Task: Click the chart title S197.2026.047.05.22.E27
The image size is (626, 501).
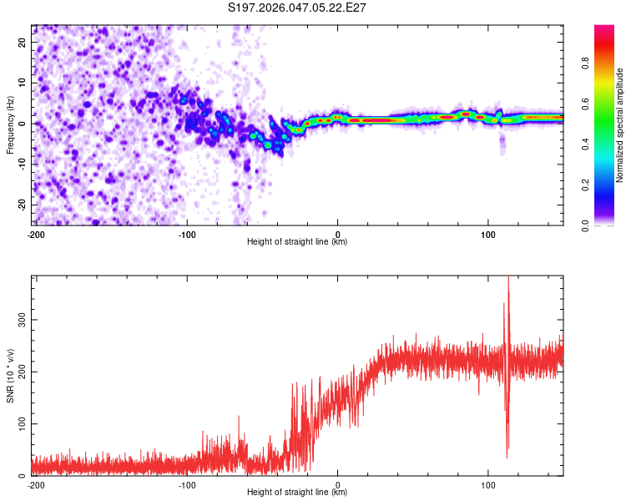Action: tap(298, 8)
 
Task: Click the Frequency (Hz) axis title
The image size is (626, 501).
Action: tap(11, 125)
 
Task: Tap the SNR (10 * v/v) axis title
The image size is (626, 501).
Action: tap(11, 376)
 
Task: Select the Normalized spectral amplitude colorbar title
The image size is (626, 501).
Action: tap(620, 125)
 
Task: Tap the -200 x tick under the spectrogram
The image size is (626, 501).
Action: tap(36, 234)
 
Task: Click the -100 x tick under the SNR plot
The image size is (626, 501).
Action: tap(186, 484)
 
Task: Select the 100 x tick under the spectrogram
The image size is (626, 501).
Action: tap(489, 234)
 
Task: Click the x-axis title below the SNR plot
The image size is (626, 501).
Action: tap(298, 493)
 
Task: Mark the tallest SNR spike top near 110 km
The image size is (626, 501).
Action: tap(508, 278)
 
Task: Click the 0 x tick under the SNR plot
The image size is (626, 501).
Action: tap(338, 484)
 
